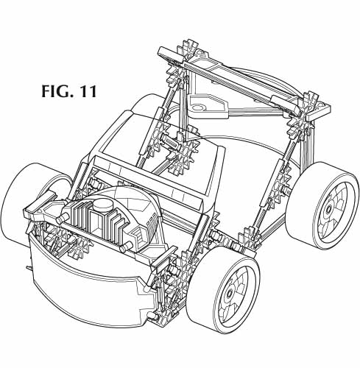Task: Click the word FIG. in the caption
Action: tap(55, 91)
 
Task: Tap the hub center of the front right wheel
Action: tap(230, 293)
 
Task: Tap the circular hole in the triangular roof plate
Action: tap(197, 107)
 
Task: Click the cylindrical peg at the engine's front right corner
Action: tap(126, 247)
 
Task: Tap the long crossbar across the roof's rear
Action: tap(243, 82)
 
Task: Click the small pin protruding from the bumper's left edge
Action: tap(29, 269)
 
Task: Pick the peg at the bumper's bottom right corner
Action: tap(152, 316)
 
